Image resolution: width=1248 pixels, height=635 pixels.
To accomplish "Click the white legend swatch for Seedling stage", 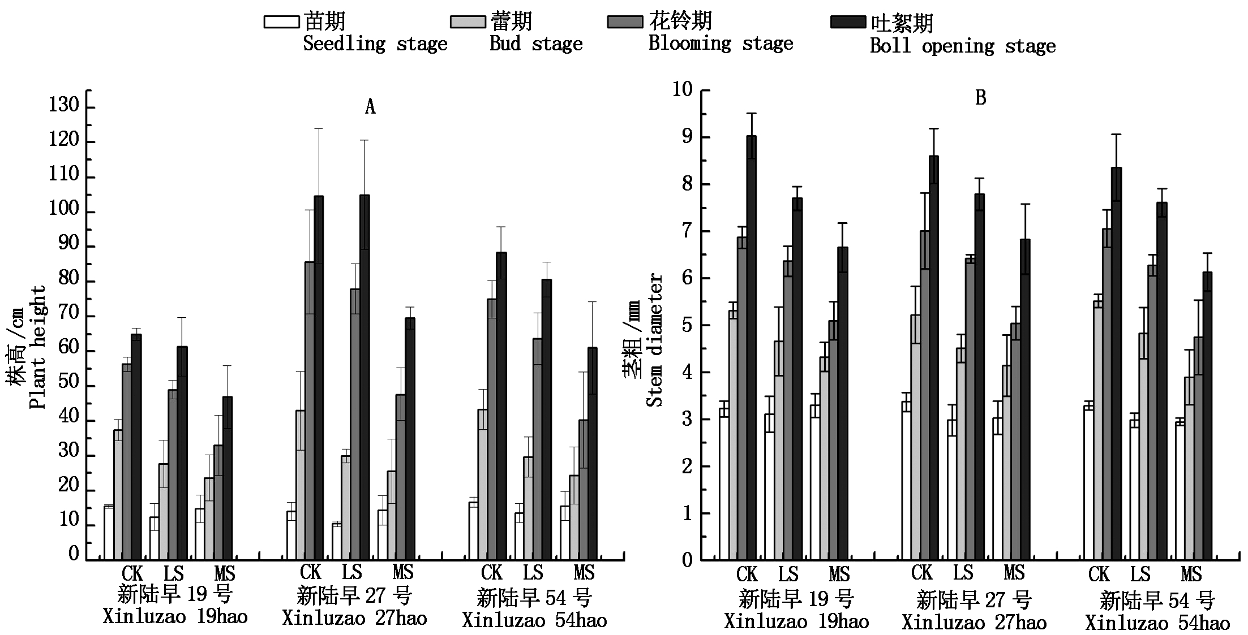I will click(x=281, y=22).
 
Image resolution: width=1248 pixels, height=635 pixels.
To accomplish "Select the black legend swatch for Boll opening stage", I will click(x=847, y=22).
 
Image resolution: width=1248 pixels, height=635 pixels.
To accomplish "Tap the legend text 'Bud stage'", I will click(x=535, y=44).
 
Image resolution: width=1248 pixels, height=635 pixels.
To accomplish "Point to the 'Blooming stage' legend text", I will click(x=721, y=44).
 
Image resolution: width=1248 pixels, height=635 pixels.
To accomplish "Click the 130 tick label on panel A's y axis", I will click(x=64, y=105).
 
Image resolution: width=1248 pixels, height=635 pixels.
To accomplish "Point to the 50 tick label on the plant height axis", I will click(x=68, y=382).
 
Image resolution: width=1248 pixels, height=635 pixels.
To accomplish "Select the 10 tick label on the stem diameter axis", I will click(x=682, y=89).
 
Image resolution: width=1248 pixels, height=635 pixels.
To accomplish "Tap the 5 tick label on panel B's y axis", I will click(x=687, y=325).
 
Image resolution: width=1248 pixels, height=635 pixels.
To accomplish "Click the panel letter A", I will click(x=370, y=106).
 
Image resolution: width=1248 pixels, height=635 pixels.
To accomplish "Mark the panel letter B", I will click(x=980, y=98).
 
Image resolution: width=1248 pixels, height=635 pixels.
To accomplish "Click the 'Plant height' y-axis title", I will click(x=37, y=347).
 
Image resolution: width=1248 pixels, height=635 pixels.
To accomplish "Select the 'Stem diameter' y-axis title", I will click(x=654, y=340).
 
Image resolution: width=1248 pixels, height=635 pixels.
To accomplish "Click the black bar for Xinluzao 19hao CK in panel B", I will click(x=751, y=348).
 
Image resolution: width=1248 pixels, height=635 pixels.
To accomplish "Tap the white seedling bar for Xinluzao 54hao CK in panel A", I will click(x=473, y=531).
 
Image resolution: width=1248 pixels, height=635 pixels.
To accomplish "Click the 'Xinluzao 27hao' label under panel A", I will click(x=354, y=618).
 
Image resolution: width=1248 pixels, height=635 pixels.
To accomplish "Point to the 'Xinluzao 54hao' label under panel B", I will click(x=1157, y=623).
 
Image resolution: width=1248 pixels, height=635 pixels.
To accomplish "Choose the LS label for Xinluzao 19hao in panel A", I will click(x=174, y=573).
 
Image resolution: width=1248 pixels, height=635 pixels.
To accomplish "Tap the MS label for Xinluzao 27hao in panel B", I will click(x=1014, y=573).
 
